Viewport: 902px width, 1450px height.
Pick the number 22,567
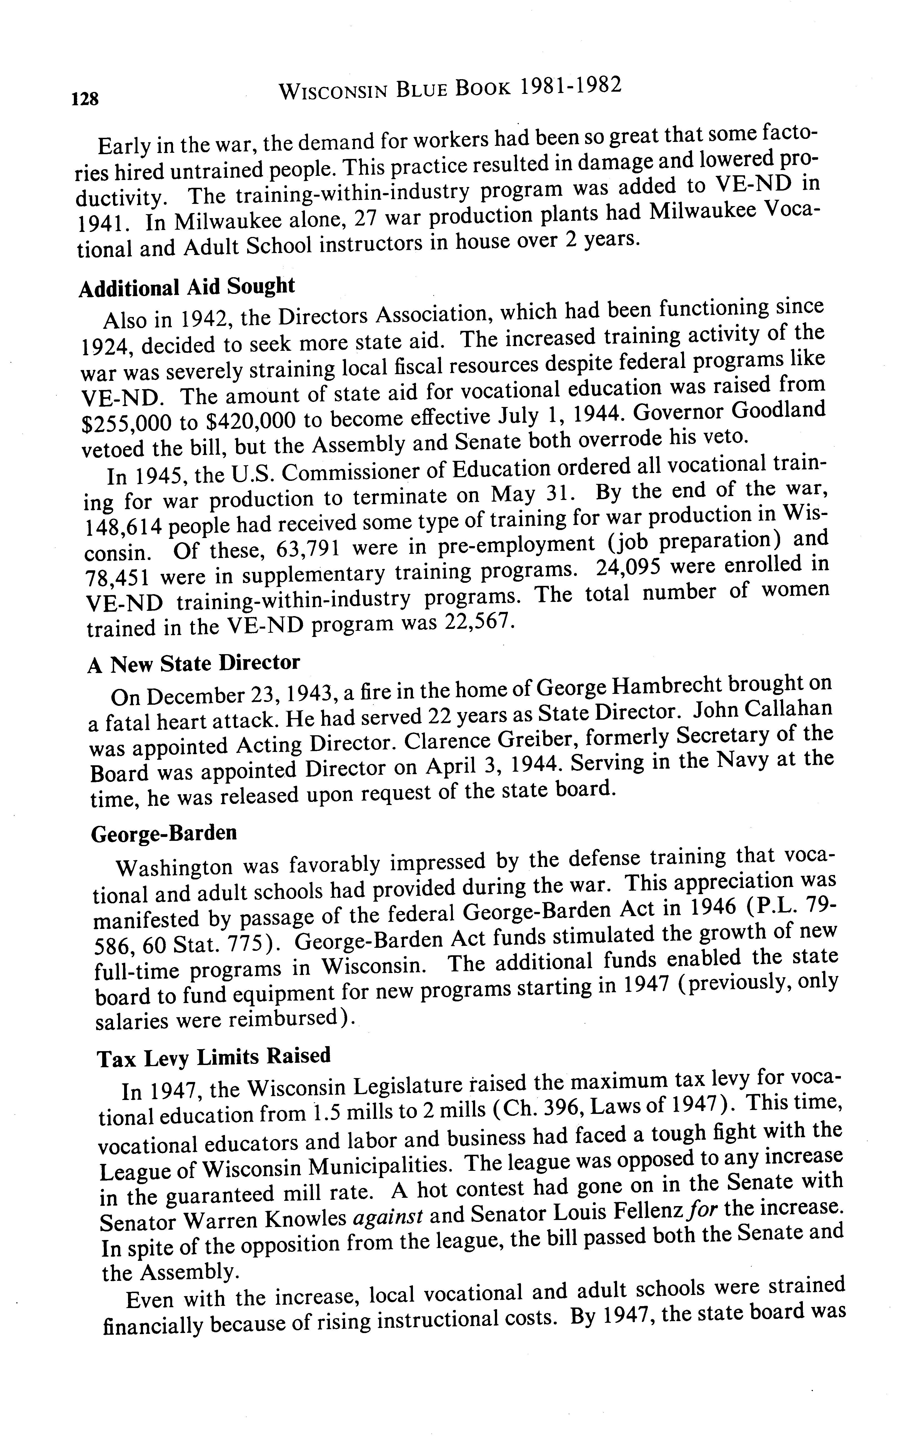tap(477, 622)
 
